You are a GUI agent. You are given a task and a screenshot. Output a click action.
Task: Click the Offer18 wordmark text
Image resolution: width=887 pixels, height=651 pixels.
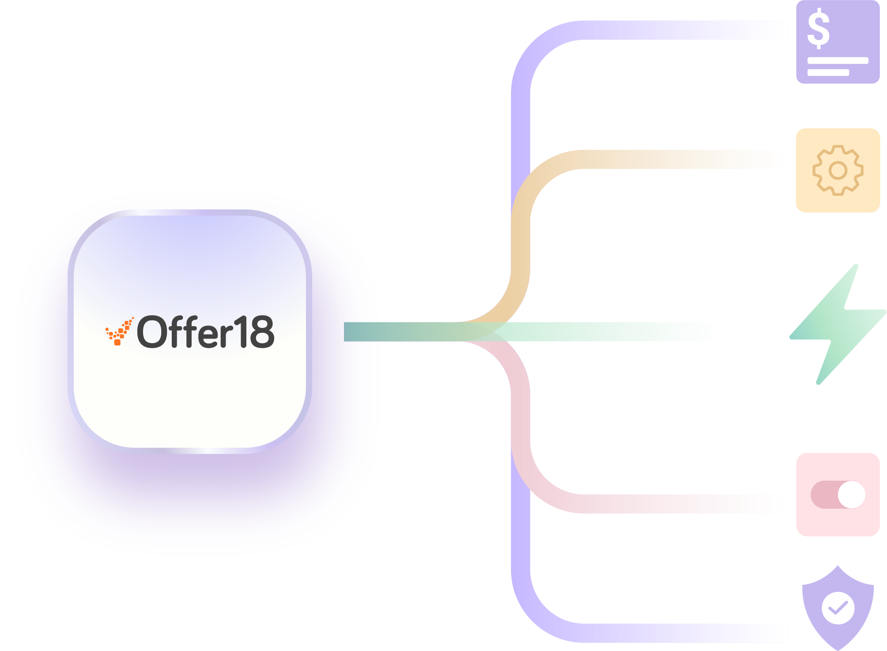coord(206,332)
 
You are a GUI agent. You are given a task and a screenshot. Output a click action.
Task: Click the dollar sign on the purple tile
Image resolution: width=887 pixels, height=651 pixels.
coord(818,29)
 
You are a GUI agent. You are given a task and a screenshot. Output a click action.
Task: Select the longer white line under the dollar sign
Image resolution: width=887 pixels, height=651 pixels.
coord(838,61)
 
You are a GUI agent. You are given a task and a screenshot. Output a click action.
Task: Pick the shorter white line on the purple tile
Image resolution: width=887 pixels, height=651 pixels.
coord(828,73)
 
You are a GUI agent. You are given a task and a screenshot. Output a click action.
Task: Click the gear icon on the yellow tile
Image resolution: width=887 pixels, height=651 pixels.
coord(838,170)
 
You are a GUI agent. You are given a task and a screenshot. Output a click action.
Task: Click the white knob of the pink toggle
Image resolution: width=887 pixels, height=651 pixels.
coord(851,495)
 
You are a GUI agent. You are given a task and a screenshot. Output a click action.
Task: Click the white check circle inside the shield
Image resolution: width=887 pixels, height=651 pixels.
coord(838,608)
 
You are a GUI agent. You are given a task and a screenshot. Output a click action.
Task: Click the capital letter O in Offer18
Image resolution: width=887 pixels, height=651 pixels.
coord(153,332)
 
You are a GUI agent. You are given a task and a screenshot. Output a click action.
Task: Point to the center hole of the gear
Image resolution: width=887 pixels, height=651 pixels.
coord(838,170)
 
